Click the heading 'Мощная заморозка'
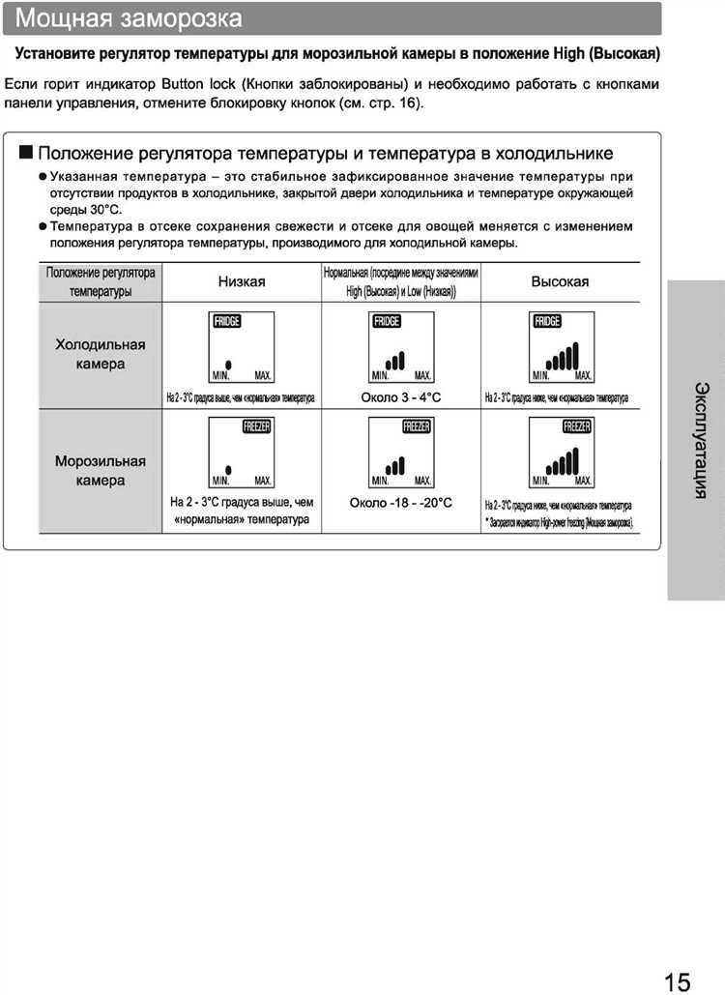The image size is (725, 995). (x=130, y=18)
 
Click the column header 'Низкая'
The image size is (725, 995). (x=242, y=281)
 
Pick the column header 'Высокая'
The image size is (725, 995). (x=560, y=281)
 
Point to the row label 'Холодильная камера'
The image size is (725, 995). (x=101, y=354)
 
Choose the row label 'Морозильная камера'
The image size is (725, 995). (x=101, y=470)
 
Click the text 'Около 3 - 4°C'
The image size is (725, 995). (x=401, y=397)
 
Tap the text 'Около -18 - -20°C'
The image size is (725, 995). (x=401, y=503)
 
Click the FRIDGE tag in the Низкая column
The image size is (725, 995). (x=226, y=322)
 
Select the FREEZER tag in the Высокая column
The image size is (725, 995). (x=578, y=426)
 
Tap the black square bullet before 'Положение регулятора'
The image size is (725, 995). (x=25, y=153)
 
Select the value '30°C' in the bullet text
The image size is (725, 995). (x=105, y=209)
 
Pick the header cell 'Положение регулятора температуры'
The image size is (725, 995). (x=101, y=281)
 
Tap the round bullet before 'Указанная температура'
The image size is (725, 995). (x=43, y=177)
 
